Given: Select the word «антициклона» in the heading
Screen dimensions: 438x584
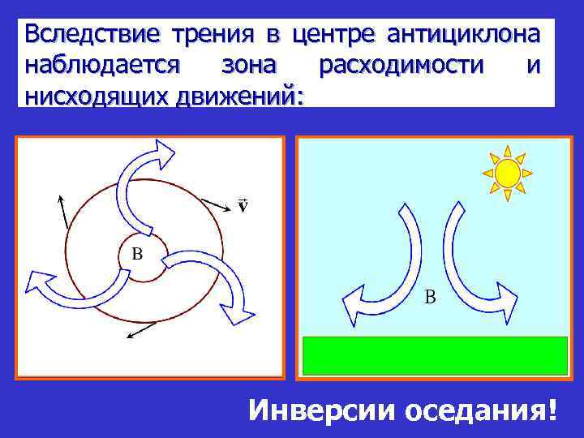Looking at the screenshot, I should click(x=463, y=35).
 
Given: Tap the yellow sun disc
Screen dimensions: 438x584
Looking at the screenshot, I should click(x=507, y=173).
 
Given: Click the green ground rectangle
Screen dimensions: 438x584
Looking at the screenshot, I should click(x=434, y=355).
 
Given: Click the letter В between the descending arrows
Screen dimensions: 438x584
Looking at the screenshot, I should click(x=430, y=297).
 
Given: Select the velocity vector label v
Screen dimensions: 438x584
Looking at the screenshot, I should click(x=243, y=203).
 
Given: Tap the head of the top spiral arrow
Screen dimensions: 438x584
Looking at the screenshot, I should click(x=164, y=150).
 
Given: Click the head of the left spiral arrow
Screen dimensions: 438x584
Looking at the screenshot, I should click(x=38, y=280).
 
